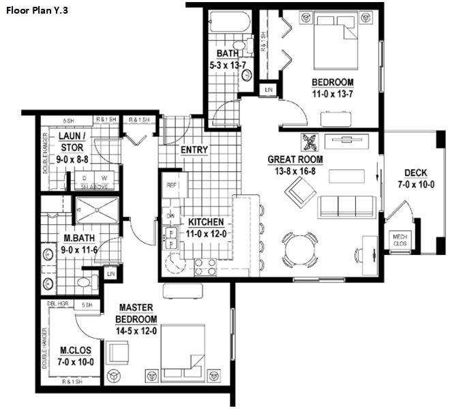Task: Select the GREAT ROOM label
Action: click(x=295, y=165)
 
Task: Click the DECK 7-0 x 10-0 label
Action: click(x=415, y=179)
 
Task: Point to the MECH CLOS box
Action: click(x=398, y=239)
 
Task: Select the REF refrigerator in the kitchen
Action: click(x=172, y=184)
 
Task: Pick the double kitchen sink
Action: click(x=171, y=237)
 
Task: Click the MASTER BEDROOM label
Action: click(x=136, y=314)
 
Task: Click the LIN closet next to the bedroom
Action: click(x=269, y=89)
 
